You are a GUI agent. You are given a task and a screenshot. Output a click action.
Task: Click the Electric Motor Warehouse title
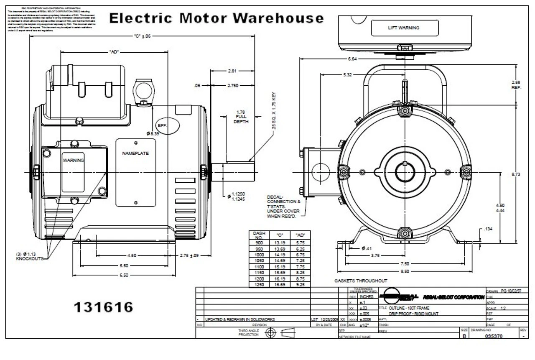[216, 18]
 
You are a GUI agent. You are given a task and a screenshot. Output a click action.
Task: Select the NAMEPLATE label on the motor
[135, 153]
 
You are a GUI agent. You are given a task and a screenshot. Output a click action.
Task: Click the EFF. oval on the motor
[167, 126]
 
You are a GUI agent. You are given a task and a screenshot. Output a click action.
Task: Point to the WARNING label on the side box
[73, 160]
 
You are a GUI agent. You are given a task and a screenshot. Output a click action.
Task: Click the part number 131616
[103, 307]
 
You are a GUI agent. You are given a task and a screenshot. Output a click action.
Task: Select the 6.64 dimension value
[352, 59]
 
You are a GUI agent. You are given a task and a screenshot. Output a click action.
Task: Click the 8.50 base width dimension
[404, 271]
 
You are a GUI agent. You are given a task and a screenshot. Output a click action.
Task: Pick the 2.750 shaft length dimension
[233, 86]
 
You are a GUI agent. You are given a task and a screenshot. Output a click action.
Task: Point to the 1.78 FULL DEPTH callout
[241, 117]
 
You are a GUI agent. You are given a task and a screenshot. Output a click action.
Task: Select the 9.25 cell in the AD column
[301, 284]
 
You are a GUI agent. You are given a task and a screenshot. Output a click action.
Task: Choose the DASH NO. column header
[259, 234]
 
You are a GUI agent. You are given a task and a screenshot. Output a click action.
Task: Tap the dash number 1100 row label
[259, 266]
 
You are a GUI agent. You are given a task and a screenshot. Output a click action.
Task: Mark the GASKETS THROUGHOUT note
[360, 281]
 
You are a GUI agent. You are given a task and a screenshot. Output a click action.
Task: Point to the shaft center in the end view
[405, 172]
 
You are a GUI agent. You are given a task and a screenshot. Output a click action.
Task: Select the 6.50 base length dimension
[124, 275]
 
